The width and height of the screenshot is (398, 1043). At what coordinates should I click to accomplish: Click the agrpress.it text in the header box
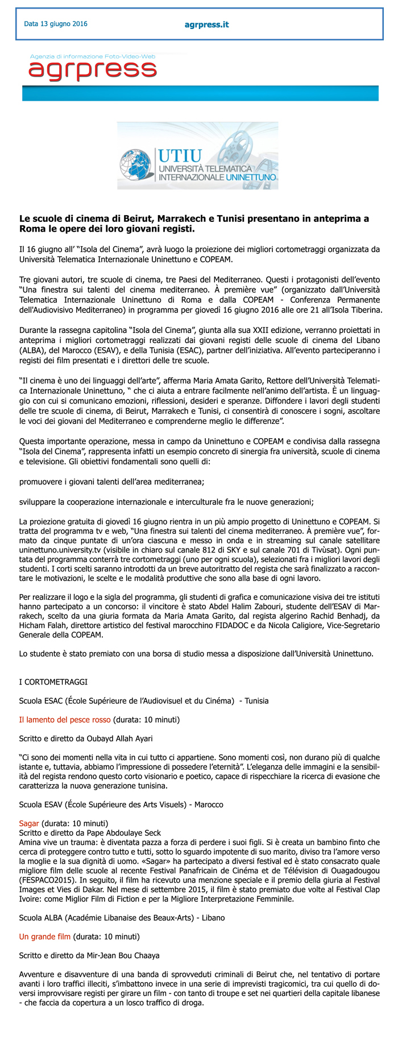tap(206, 24)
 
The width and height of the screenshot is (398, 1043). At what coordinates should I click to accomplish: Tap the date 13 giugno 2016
tap(56, 24)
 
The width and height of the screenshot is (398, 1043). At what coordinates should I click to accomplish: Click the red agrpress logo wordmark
tap(93, 71)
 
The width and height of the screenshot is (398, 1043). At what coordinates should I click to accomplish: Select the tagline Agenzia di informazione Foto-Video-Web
tap(93, 57)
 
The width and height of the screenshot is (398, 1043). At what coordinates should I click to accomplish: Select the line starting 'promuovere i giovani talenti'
tap(111, 481)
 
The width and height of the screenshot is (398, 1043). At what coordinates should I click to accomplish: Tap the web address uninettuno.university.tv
tap(63, 550)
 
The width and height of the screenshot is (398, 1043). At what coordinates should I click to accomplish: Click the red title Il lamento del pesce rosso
tap(65, 720)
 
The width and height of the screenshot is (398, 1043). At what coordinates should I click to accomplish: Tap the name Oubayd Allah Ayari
tap(116, 739)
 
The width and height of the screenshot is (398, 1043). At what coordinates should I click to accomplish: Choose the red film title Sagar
tap(29, 823)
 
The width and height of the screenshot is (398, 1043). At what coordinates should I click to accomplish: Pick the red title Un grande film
tap(45, 936)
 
